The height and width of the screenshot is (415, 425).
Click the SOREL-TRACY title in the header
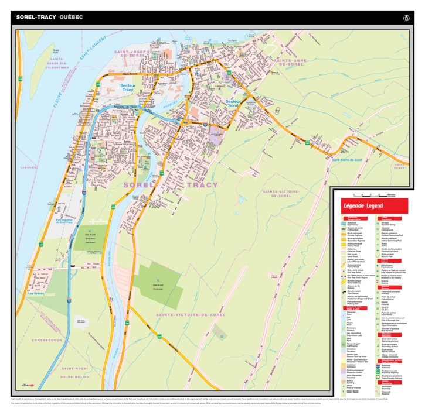(x=36, y=18)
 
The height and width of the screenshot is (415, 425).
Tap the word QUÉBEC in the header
(x=71, y=18)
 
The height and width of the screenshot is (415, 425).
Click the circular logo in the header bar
(x=405, y=18)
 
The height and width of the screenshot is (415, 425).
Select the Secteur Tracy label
(x=128, y=88)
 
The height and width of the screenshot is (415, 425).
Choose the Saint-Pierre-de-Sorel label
(x=347, y=160)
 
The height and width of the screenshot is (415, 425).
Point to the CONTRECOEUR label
(x=47, y=340)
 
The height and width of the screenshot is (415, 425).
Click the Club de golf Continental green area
(x=157, y=285)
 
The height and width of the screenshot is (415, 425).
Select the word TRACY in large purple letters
(x=202, y=185)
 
